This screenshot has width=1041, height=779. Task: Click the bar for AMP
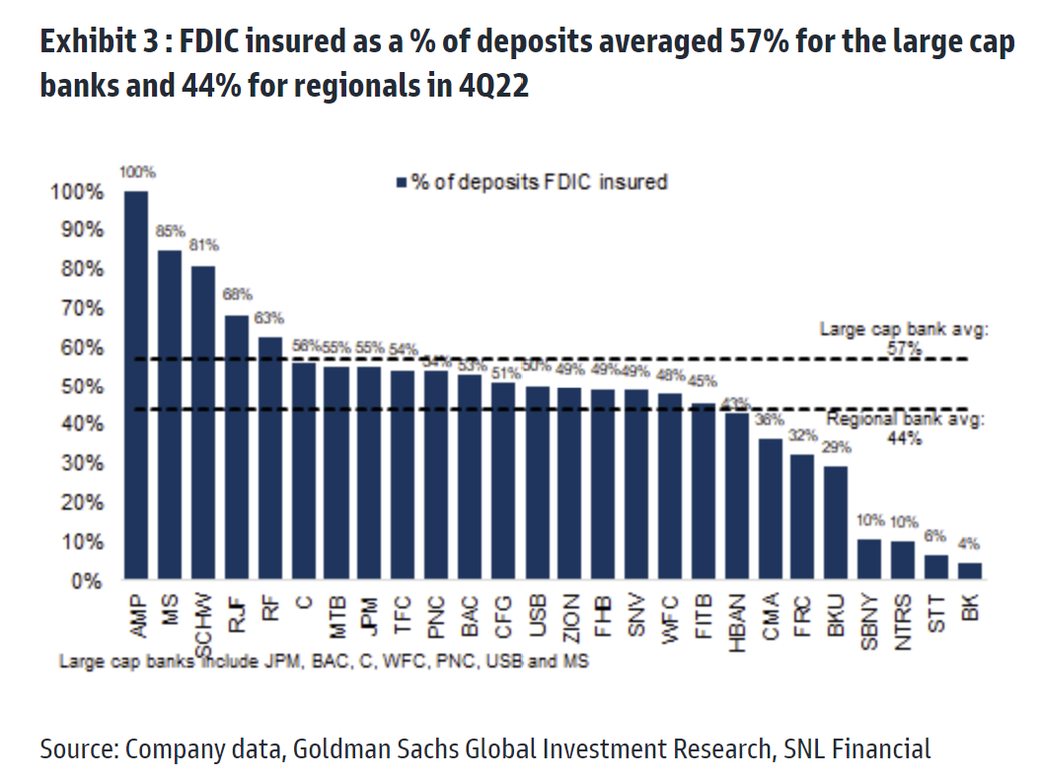136,385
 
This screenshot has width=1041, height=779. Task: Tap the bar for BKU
835,523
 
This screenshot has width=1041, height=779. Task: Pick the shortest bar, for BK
970,571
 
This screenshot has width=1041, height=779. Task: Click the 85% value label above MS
170,232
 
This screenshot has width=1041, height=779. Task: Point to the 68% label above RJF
238,295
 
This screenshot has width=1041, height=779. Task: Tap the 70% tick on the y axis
77,308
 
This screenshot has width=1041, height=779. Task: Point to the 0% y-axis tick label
86,581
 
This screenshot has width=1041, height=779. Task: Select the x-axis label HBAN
736,620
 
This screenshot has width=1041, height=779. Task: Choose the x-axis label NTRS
903,620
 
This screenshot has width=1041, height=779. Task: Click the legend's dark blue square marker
402,182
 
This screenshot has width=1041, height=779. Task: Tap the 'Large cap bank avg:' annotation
904,330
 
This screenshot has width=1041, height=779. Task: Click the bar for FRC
802,517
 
